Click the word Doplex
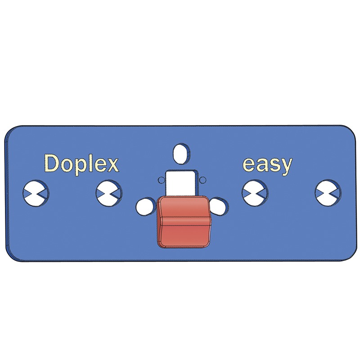point(81,163)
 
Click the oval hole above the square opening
point(181,153)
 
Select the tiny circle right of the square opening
point(202,180)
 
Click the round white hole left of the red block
point(145,207)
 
